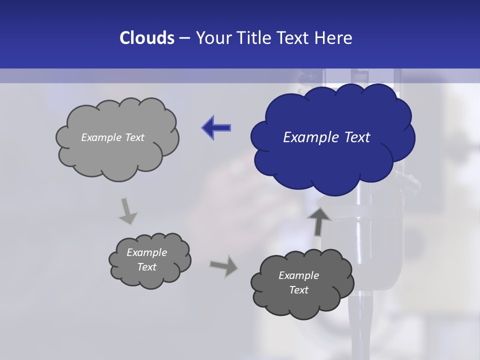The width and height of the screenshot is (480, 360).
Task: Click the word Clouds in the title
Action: (x=146, y=38)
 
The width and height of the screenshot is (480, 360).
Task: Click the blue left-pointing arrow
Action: (x=216, y=128)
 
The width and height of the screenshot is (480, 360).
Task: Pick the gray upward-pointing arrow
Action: (x=319, y=220)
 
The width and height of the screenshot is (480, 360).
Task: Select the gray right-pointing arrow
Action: (x=224, y=265)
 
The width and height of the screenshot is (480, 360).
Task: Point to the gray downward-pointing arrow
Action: (x=127, y=210)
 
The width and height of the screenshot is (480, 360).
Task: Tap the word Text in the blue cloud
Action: (x=356, y=137)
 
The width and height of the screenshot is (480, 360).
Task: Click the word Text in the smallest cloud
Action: (x=146, y=267)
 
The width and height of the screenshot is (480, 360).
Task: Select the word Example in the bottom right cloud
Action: (x=298, y=275)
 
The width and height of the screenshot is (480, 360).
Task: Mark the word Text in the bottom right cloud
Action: (x=298, y=290)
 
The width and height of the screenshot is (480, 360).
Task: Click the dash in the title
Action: (x=184, y=38)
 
